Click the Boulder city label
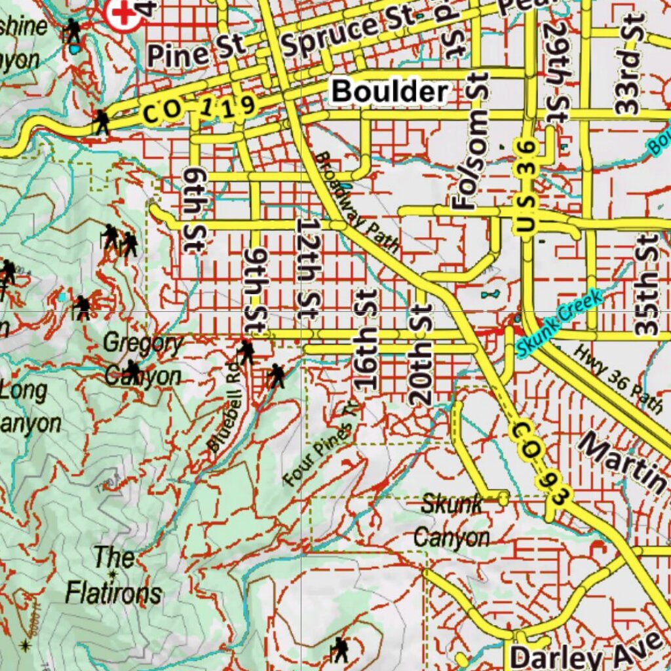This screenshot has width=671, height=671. point(390,91)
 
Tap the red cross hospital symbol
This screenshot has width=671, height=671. point(124,14)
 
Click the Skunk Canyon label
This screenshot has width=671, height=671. point(451,522)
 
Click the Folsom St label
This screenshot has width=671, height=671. point(472,141)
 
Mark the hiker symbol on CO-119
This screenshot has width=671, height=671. point(101,122)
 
